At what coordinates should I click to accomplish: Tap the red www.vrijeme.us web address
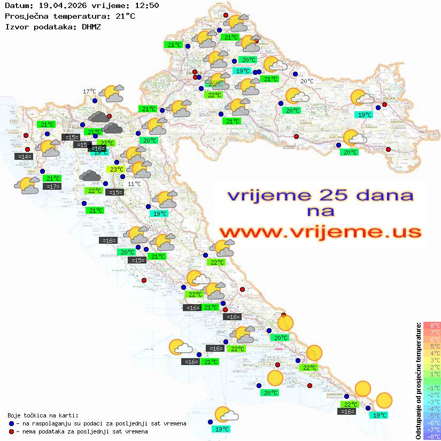click(320, 231)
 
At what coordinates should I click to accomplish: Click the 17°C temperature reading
click(89, 91)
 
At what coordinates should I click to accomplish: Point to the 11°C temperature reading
click(135, 184)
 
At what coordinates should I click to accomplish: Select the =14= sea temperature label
click(24, 157)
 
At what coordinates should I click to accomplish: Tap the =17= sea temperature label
click(52, 187)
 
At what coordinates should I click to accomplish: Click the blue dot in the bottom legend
click(11, 423)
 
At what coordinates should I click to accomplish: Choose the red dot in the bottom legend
click(11, 431)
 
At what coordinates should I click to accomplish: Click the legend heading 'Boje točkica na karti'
click(43, 415)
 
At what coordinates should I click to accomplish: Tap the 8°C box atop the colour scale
click(432, 326)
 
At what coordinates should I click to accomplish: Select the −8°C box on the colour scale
click(432, 437)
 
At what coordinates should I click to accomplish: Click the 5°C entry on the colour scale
click(432, 346)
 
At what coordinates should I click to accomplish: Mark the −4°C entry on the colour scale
click(432, 409)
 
